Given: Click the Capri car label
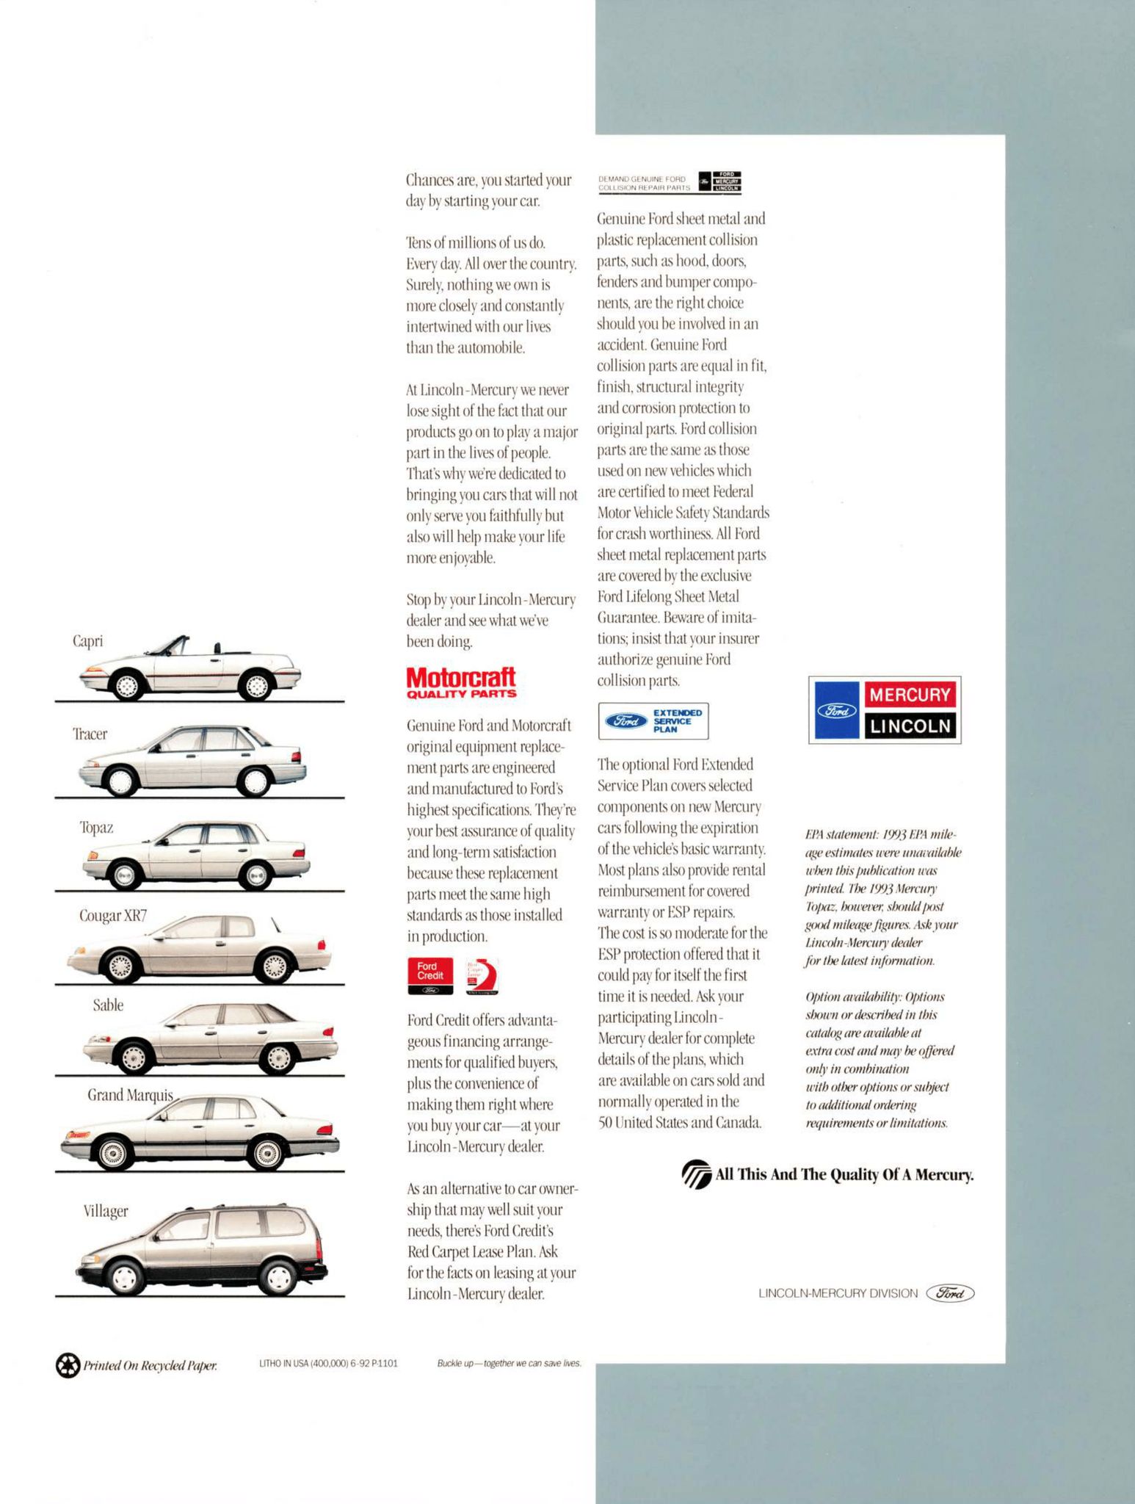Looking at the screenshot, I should coord(87,640).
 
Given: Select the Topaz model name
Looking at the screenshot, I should coord(96,828).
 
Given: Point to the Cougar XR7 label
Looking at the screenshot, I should coord(113,916).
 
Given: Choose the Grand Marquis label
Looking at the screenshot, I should coord(130,1095).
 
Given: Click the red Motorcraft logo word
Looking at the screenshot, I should coord(460,676).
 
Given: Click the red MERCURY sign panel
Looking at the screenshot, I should coord(910,694).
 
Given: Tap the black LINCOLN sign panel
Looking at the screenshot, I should coord(910,726).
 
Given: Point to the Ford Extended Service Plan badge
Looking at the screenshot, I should coord(653,721).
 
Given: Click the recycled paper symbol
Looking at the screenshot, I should coord(67,1366).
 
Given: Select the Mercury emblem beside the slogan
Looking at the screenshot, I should coord(696,1174).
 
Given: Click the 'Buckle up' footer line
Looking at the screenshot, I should coord(508,1364).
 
